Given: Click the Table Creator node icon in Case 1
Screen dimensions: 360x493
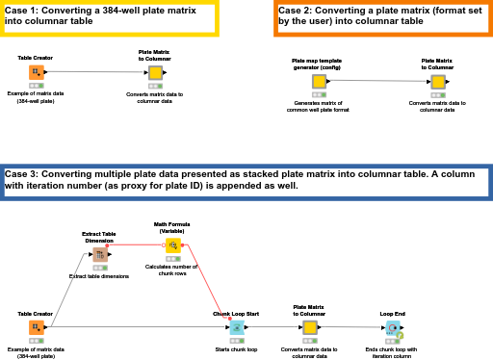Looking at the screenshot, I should pyautogui.click(x=36, y=72).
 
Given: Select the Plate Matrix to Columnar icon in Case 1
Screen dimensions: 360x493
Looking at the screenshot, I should pyautogui.click(x=155, y=72).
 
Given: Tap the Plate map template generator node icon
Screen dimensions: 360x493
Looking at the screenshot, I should pyautogui.click(x=318, y=81).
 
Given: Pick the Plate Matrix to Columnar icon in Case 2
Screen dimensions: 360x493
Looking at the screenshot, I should pyautogui.click(x=437, y=82).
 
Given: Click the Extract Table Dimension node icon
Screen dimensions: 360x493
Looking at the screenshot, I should pyautogui.click(x=99, y=255).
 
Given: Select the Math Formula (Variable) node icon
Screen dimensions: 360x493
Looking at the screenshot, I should pyautogui.click(x=172, y=245).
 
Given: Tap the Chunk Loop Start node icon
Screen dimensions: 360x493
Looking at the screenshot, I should pyautogui.click(x=236, y=328).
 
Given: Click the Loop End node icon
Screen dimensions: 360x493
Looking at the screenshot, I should pyautogui.click(x=393, y=328).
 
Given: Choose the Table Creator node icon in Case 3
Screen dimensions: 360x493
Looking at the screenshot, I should pyautogui.click(x=36, y=328).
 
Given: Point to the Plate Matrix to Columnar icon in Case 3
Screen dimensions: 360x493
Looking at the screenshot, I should pyautogui.click(x=309, y=328).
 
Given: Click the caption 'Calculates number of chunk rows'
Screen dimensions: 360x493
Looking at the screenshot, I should pyautogui.click(x=171, y=270).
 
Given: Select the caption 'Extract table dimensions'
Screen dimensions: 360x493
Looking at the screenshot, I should pyautogui.click(x=98, y=276).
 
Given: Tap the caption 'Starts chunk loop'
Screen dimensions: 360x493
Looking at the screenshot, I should pyautogui.click(x=236, y=349).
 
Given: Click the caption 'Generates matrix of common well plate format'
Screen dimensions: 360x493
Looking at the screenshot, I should pyautogui.click(x=318, y=106).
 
